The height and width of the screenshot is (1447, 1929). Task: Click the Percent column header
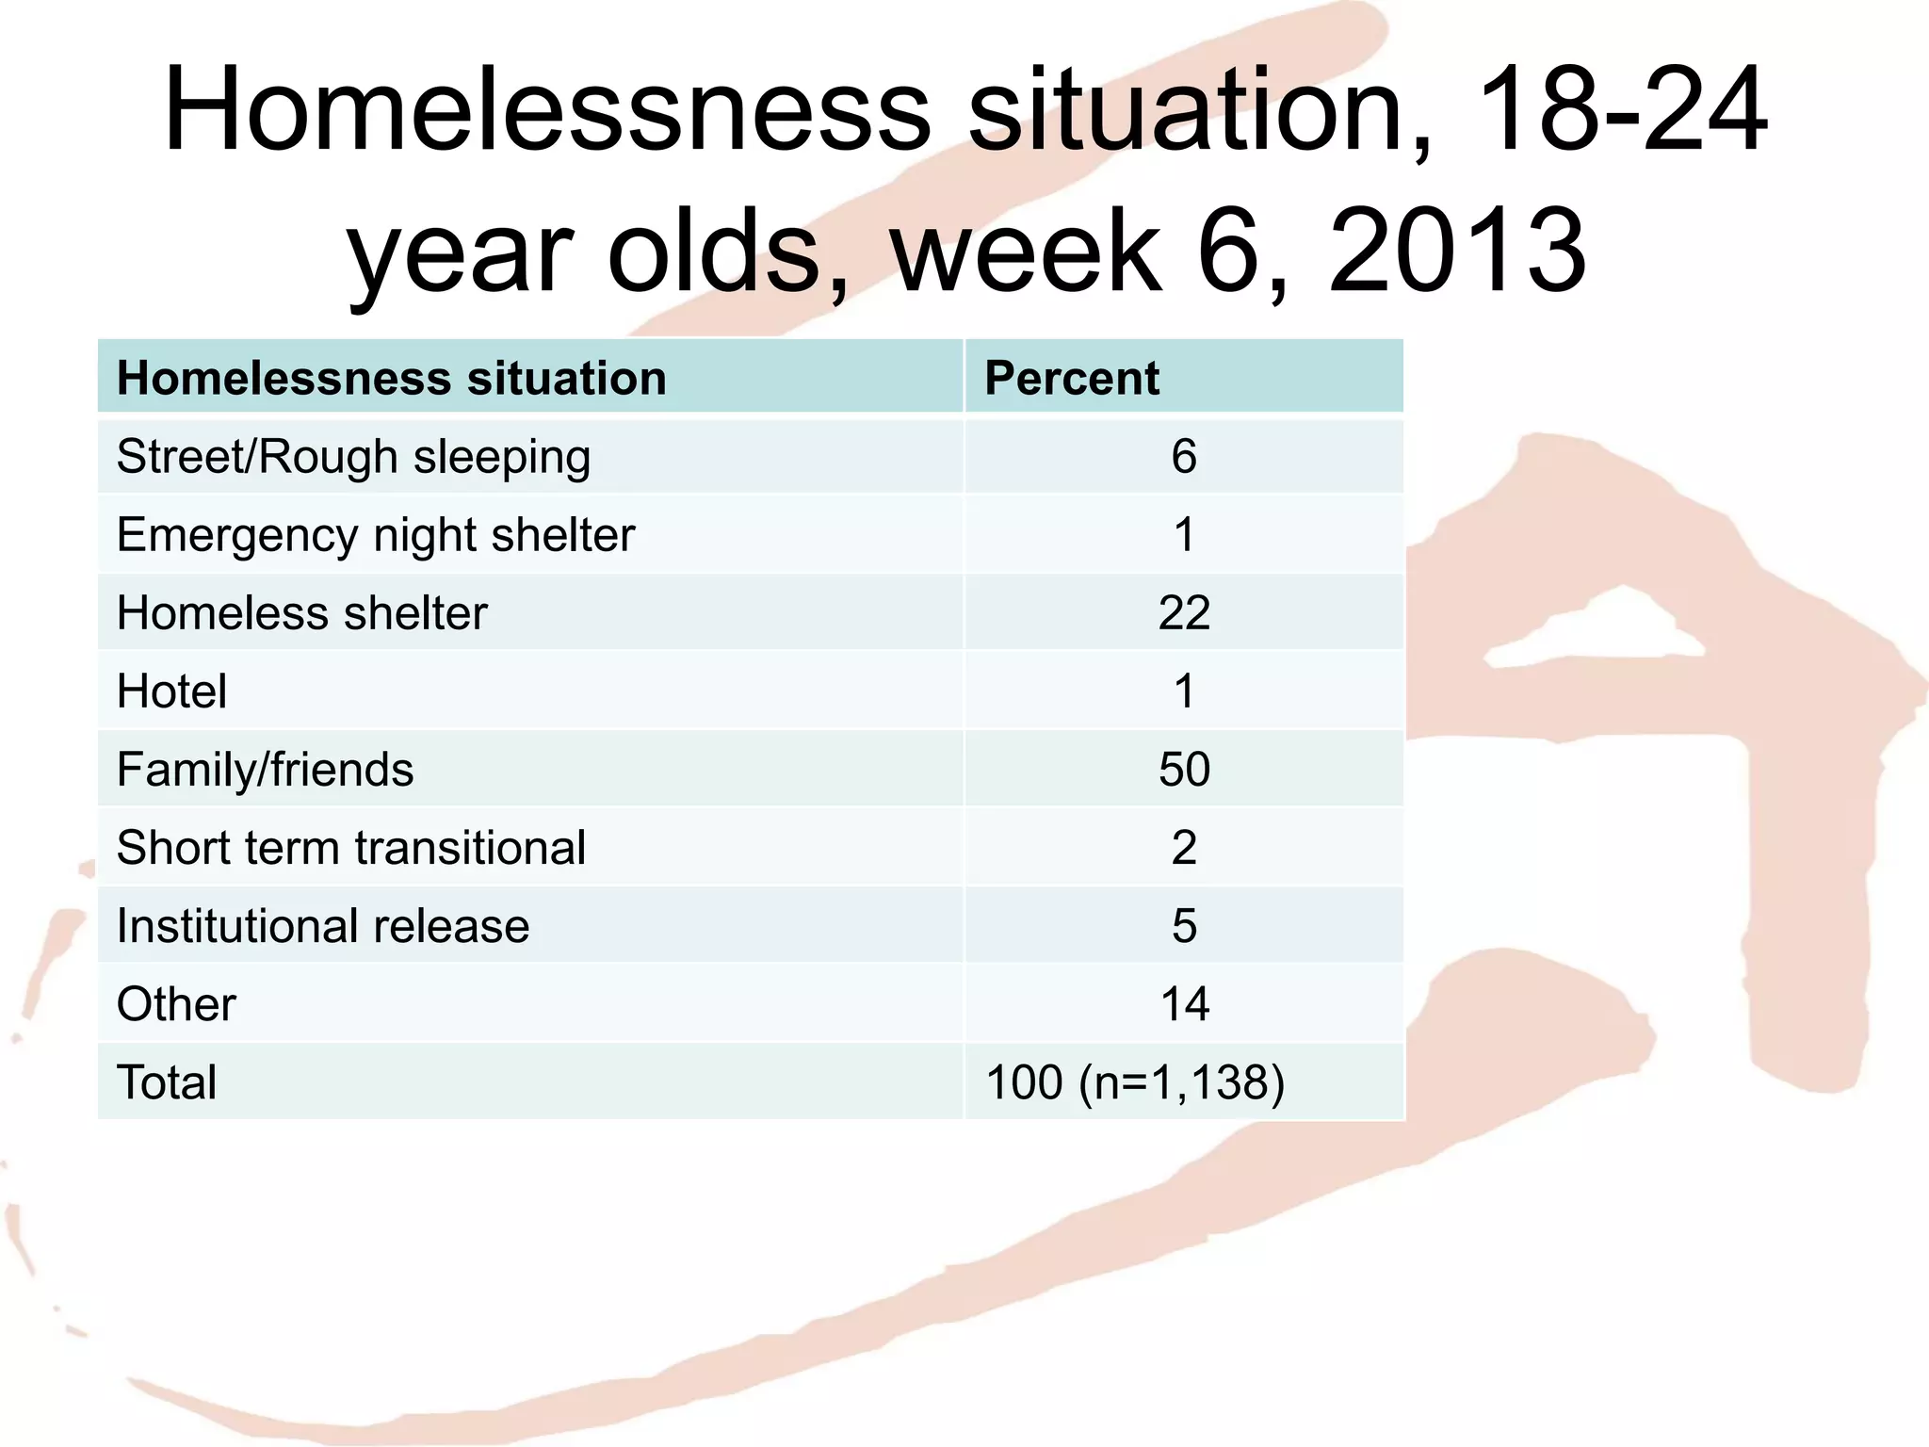(1071, 379)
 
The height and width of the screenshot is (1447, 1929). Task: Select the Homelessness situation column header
(391, 379)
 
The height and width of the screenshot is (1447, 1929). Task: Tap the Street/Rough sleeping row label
(353, 458)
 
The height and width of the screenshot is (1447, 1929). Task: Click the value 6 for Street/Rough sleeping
(1184, 457)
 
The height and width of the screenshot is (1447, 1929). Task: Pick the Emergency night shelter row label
(376, 536)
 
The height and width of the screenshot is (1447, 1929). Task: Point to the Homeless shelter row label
(301, 613)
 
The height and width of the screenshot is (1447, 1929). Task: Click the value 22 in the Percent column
(1184, 613)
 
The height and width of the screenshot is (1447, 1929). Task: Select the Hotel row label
(171, 691)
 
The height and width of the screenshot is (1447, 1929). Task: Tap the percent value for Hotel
(1184, 691)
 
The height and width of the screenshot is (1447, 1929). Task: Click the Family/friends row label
(265, 770)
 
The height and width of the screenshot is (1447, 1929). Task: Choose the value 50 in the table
(1184, 770)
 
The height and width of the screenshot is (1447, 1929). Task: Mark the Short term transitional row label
(350, 848)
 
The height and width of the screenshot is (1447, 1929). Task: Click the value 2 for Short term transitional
(1184, 848)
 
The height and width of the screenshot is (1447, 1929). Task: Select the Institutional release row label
(322, 926)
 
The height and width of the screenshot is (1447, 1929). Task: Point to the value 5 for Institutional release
(1184, 926)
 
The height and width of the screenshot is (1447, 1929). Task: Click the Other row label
(176, 1004)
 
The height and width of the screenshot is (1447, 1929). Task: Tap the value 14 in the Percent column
(1184, 1004)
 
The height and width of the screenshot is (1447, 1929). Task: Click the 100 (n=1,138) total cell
(1134, 1082)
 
